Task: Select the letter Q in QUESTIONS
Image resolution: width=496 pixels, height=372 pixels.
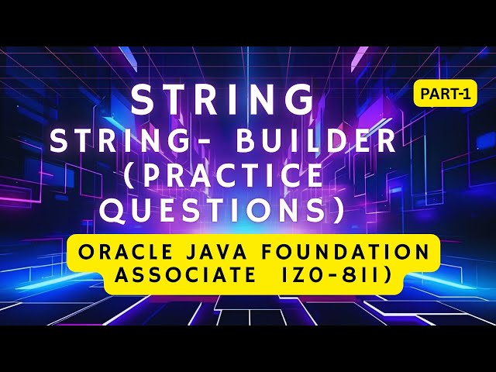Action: [x=115, y=209]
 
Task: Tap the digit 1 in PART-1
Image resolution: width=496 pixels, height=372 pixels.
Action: [x=467, y=93]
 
